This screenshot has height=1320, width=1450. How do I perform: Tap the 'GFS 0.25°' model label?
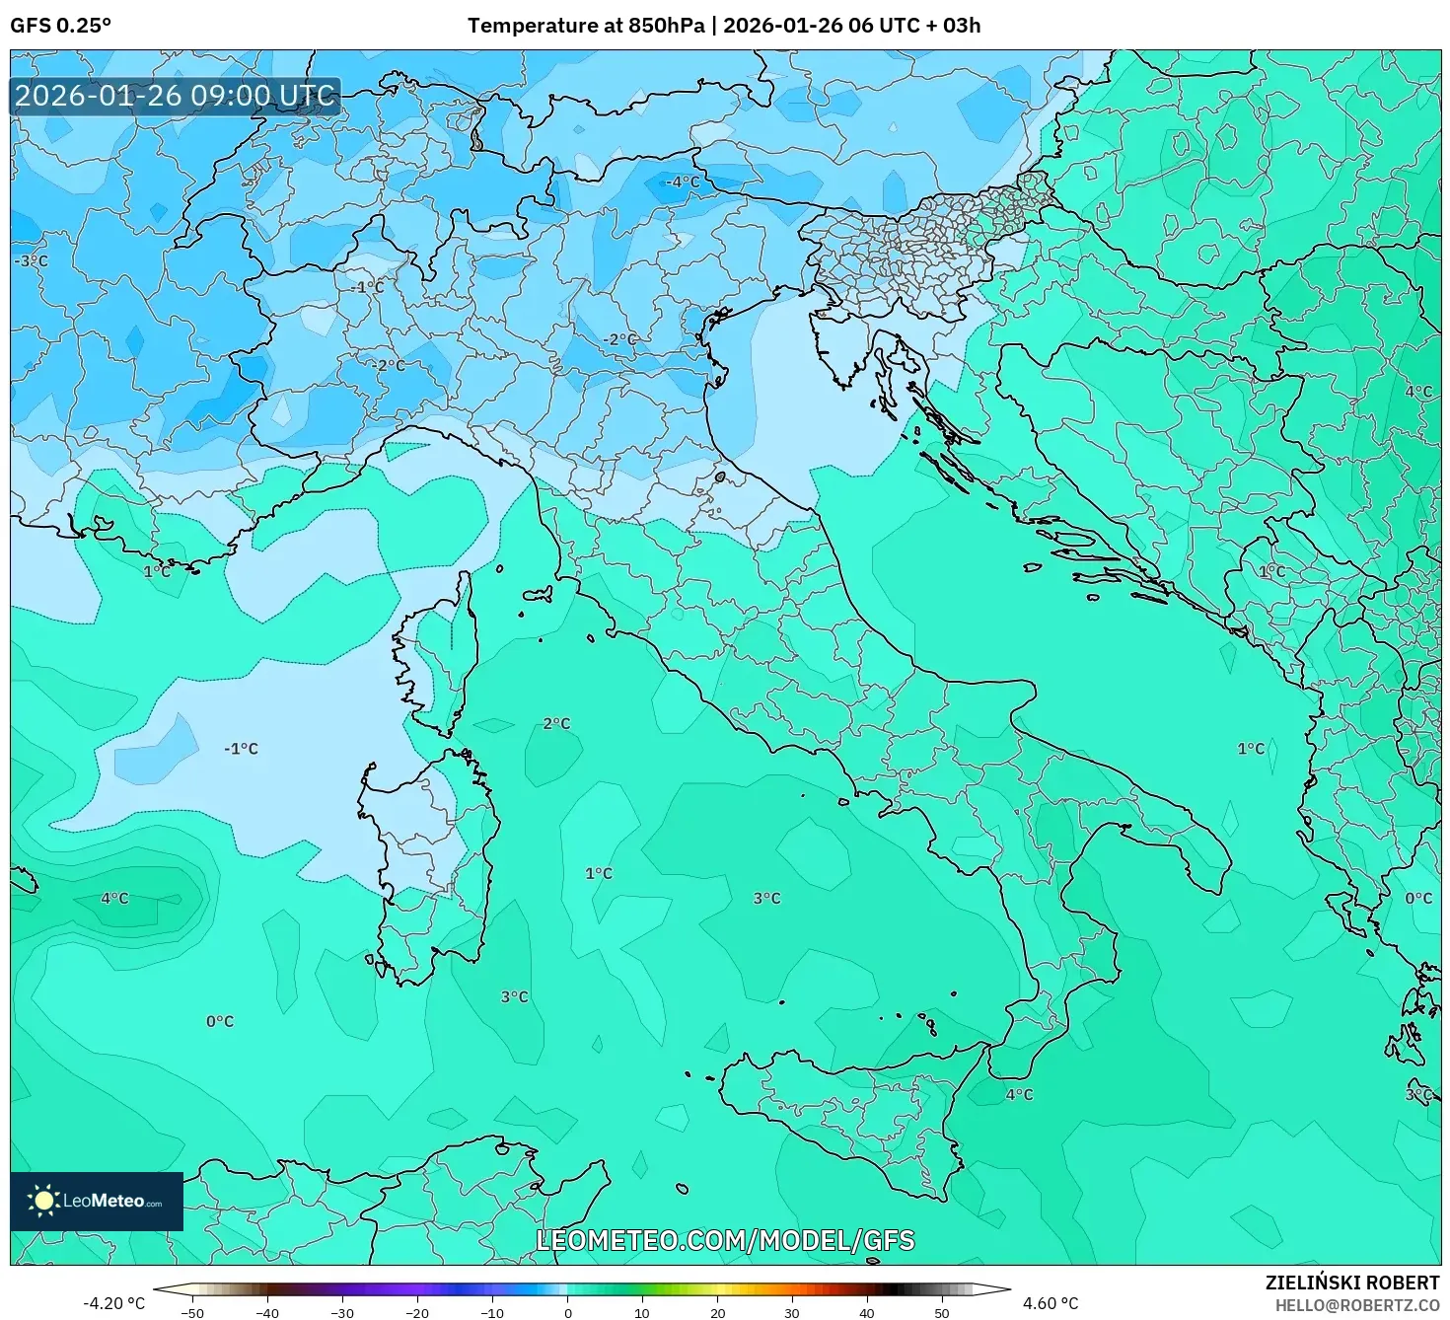tap(61, 26)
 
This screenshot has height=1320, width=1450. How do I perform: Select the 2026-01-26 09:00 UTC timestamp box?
tap(176, 97)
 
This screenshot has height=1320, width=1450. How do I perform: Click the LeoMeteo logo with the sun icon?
tap(97, 1201)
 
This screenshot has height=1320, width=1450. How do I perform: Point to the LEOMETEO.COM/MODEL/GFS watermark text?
tap(725, 1240)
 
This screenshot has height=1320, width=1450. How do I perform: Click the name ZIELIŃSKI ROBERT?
tap(1352, 1283)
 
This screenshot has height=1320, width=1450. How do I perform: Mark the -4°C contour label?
tap(682, 183)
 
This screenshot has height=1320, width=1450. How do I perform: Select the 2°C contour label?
tap(556, 723)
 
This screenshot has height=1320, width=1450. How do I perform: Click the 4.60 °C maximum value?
tap(1050, 1303)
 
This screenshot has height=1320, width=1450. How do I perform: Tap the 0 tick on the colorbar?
tap(567, 1312)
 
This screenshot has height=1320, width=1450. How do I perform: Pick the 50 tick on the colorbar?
tap(942, 1312)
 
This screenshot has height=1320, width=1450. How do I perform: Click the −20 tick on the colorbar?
tap(416, 1312)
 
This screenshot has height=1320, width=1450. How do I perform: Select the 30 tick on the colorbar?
tap(792, 1312)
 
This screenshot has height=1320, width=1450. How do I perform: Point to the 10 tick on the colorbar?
tap(642, 1312)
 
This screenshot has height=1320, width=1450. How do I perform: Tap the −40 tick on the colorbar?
tap(266, 1312)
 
